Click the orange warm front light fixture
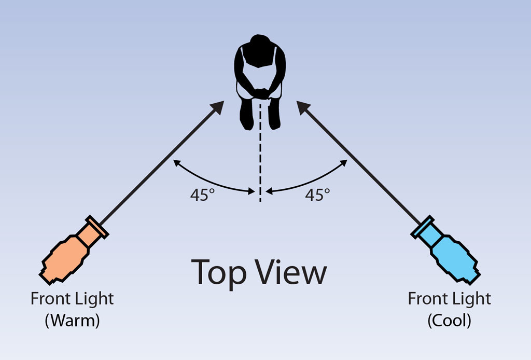[73, 251]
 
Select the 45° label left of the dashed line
[203, 195]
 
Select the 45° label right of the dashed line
[318, 195]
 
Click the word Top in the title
[219, 273]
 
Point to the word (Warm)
[73, 320]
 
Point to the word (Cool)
[450, 320]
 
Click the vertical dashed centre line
[260, 153]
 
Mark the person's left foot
[274, 115]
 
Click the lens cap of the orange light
[97, 226]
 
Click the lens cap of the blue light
[422, 226]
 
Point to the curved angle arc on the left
[210, 181]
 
